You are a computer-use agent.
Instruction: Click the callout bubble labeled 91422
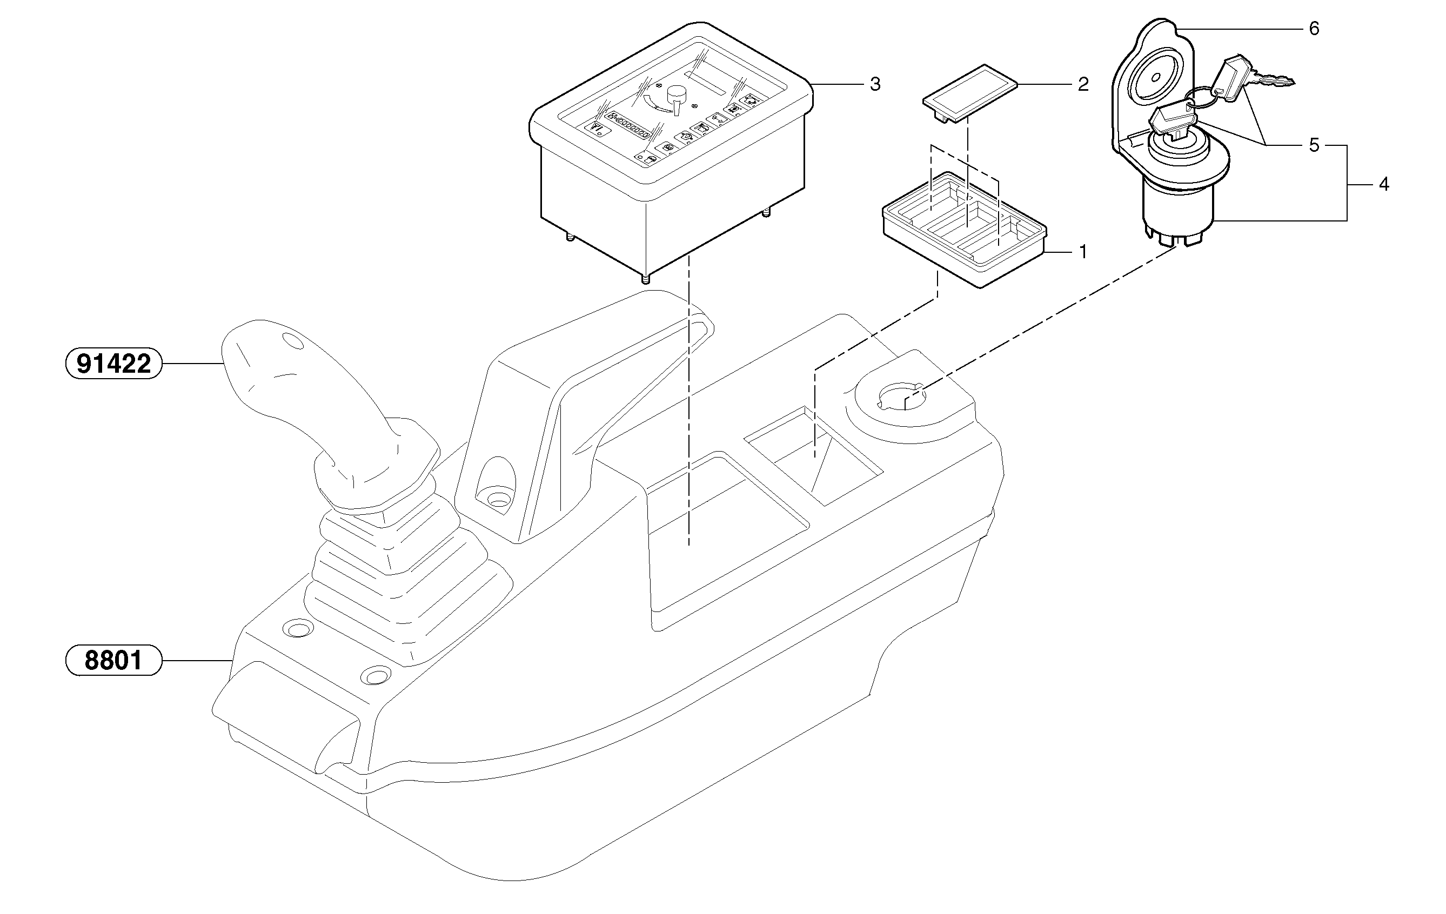[x=113, y=364]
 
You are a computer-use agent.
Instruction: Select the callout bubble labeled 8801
[x=113, y=660]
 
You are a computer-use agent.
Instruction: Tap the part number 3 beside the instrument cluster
[x=875, y=85]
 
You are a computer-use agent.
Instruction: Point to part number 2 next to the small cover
[x=1083, y=85]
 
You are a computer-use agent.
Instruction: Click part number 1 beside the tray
[x=1083, y=252]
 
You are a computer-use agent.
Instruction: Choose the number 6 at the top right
[x=1314, y=29]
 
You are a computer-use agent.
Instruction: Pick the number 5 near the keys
[x=1314, y=145]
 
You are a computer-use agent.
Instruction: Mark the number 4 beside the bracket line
[x=1383, y=184]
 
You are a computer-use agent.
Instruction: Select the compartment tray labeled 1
[x=964, y=231]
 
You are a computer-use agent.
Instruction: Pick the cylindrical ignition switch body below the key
[x=1177, y=207]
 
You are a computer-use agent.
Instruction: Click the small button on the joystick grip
[x=293, y=341]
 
